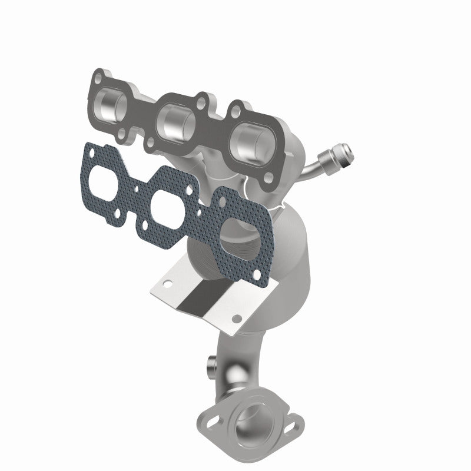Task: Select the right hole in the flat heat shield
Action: (x=237, y=318)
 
